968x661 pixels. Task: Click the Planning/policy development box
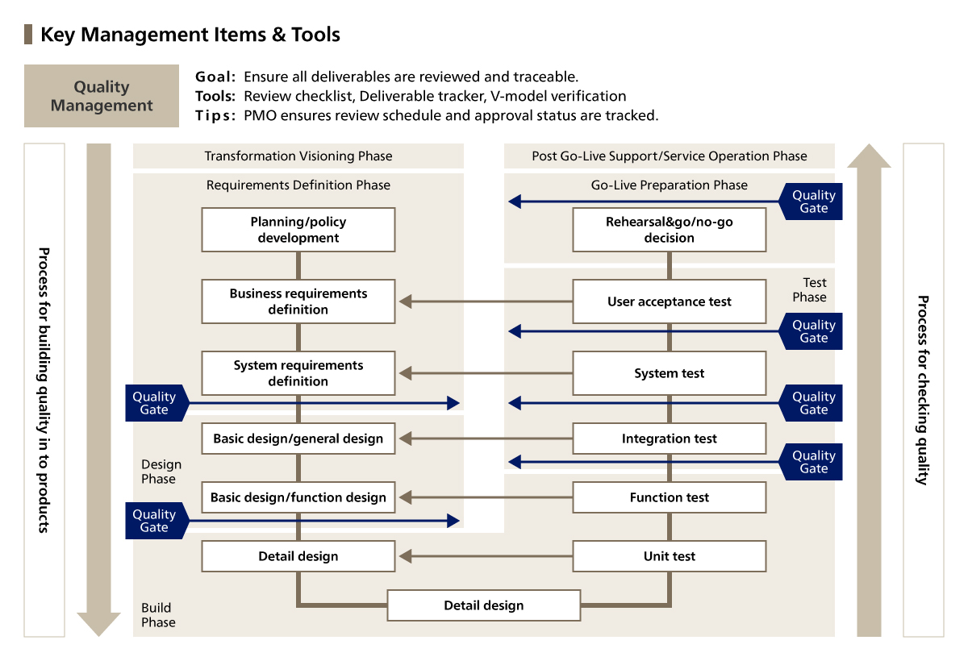coord(298,230)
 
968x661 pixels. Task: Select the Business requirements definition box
coord(298,301)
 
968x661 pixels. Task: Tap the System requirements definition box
coord(298,373)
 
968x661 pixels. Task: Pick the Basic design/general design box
coord(298,439)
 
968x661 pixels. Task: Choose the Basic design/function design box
coord(298,497)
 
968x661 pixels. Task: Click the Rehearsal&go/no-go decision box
coord(669,230)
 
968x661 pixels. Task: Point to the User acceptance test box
coord(669,301)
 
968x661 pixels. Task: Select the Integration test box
coord(669,439)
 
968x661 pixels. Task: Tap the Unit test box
coord(669,556)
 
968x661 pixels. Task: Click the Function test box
coord(669,497)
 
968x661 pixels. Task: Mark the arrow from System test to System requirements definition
coord(484,373)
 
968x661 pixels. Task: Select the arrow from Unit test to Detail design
coord(484,556)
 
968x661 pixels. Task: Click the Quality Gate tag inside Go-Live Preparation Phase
coord(812,202)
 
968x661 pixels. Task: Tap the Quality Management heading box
coord(102,96)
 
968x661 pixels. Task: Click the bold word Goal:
coord(215,77)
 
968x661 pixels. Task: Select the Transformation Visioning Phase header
coord(298,156)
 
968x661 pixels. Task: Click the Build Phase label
coord(158,615)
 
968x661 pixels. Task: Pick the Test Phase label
coord(811,290)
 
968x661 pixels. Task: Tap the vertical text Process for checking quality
coord(923,390)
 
